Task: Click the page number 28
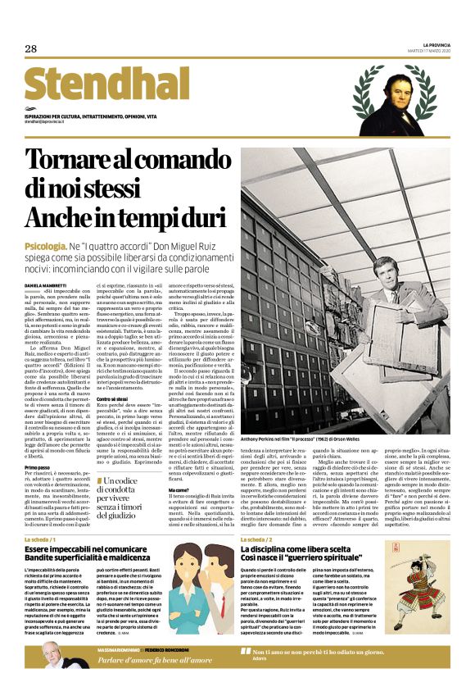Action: [30, 48]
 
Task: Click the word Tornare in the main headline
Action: [72, 163]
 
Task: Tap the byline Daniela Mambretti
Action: [47, 284]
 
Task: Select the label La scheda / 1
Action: [40, 540]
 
